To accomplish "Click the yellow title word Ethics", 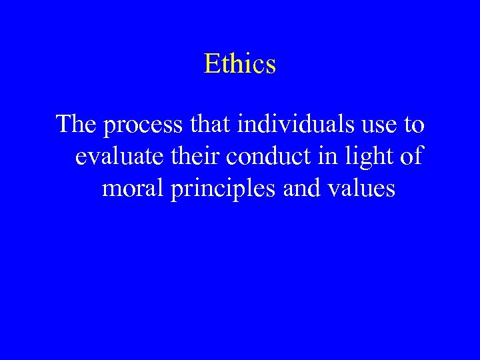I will click(x=240, y=64).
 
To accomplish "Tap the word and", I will click(x=301, y=188).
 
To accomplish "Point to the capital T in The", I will click(x=65, y=124).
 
